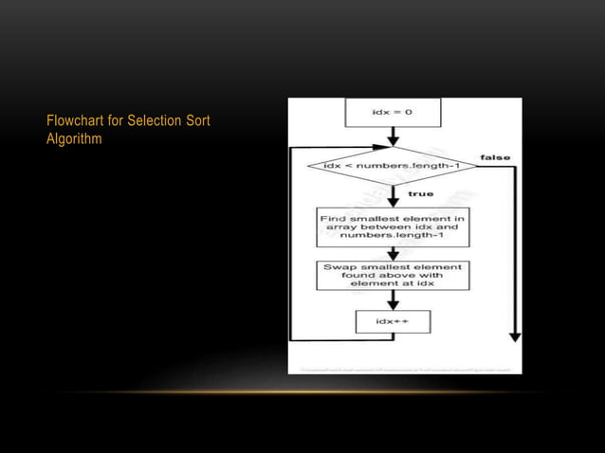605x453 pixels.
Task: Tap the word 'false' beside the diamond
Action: pyautogui.click(x=495, y=156)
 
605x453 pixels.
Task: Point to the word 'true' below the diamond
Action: pyautogui.click(x=420, y=194)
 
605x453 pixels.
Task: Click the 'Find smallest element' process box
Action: pyautogui.click(x=392, y=226)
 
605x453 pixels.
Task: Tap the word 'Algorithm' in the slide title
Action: pyautogui.click(x=74, y=139)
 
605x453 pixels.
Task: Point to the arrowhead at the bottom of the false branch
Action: pyautogui.click(x=515, y=335)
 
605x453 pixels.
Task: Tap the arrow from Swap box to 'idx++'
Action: pyautogui.click(x=392, y=300)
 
